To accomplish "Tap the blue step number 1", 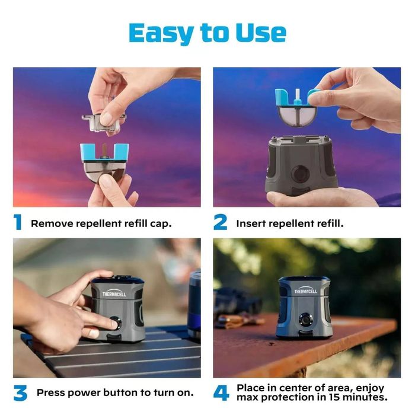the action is click(x=18, y=222).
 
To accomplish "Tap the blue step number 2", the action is click(x=220, y=222).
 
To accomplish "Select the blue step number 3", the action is click(x=20, y=392).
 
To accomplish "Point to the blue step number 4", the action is click(x=221, y=392).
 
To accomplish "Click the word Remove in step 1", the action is click(x=52, y=224).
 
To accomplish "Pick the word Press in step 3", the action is click(x=51, y=392).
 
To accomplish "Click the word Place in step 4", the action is click(x=251, y=388).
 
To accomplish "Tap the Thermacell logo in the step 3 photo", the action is click(x=114, y=292).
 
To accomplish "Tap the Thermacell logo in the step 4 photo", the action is click(x=306, y=290).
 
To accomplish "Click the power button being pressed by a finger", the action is click(x=116, y=323).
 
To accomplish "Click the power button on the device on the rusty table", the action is click(x=305, y=320).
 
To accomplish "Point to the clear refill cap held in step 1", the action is click(x=104, y=123).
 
